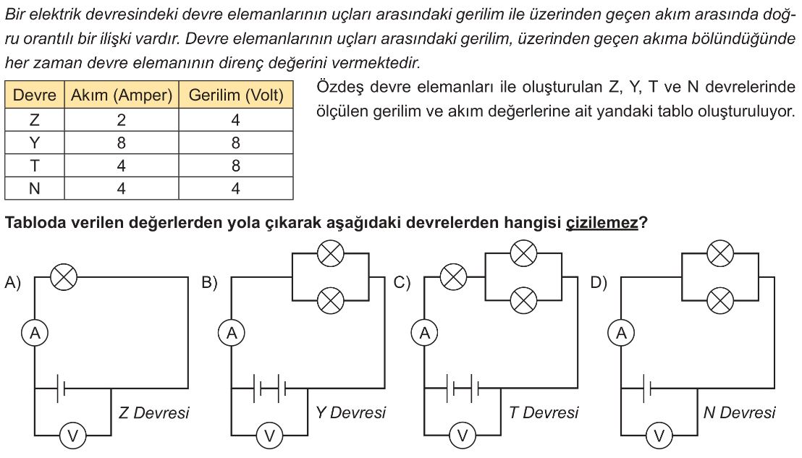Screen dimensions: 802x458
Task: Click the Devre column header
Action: click(34, 95)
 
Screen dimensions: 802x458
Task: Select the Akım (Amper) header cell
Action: click(121, 95)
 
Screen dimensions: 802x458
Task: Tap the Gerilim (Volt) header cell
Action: click(236, 95)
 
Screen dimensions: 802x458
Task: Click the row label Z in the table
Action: click(34, 120)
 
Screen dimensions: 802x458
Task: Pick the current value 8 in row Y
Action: click(121, 143)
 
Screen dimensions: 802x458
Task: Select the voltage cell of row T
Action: click(236, 166)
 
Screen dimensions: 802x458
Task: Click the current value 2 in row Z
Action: click(121, 120)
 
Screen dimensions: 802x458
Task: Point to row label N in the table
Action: click(34, 189)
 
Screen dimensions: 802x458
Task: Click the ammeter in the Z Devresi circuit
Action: click(35, 334)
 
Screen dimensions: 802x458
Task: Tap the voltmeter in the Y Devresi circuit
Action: click(269, 436)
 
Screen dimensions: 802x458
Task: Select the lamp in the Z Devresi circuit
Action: click(64, 278)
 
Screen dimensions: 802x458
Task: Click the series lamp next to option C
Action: click(453, 278)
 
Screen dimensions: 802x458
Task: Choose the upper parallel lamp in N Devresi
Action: click(720, 253)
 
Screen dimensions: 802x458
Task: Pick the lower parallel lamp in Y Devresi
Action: click(330, 300)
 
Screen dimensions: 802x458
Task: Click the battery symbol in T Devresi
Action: click(463, 389)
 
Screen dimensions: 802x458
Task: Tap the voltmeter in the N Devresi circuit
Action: click(659, 436)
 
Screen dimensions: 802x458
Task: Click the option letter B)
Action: click(210, 282)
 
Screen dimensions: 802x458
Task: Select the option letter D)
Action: click(599, 282)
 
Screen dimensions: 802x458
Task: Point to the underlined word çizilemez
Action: click(602, 223)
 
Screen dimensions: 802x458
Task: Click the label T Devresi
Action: click(544, 412)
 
